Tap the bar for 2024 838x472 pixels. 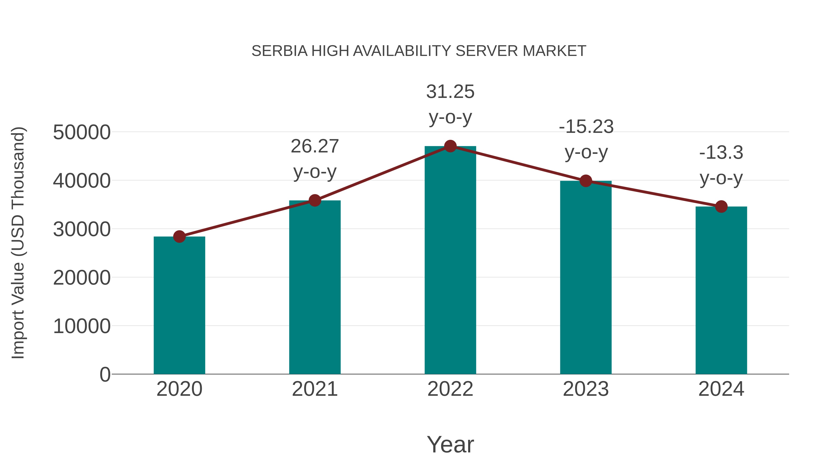pyautogui.click(x=721, y=290)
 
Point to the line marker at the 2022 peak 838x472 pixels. pyautogui.click(x=450, y=146)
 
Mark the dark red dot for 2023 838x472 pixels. pyautogui.click(x=586, y=181)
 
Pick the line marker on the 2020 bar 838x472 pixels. pyautogui.click(x=179, y=237)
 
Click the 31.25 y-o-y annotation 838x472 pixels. pyautogui.click(x=450, y=104)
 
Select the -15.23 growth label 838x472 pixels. pyautogui.click(x=586, y=139)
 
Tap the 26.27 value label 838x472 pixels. pyautogui.click(x=314, y=159)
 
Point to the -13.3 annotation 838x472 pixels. pyautogui.click(x=721, y=165)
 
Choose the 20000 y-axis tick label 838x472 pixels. pyautogui.click(x=82, y=278)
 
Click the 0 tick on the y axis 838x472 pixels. pyautogui.click(x=105, y=374)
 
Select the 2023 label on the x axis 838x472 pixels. pyautogui.click(x=586, y=389)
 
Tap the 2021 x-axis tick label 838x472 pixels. pyautogui.click(x=314, y=389)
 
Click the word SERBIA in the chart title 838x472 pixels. pyautogui.click(x=279, y=51)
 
